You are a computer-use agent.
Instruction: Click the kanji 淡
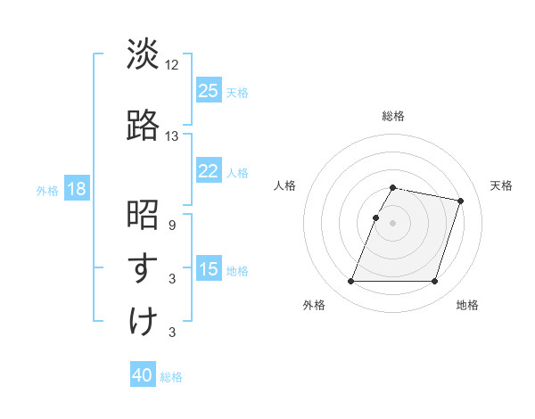143,55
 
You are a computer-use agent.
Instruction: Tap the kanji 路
143,125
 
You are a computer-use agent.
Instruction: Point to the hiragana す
143,267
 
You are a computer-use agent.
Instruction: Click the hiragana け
143,321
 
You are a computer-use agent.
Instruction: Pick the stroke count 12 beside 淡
172,65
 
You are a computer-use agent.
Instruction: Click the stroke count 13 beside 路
172,136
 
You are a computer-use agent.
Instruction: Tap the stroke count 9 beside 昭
172,226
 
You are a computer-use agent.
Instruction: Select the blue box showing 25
209,91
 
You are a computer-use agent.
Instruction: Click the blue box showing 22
209,171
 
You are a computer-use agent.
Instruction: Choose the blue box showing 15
209,269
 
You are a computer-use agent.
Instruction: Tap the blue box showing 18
76,190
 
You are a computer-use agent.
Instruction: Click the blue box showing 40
143,375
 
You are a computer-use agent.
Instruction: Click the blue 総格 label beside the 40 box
171,377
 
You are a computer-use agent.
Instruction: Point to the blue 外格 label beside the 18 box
47,191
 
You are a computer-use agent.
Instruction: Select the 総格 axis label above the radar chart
393,116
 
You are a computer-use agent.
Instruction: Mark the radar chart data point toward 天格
461,201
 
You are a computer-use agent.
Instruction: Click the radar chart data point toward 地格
434,282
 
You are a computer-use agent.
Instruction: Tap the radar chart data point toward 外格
351,282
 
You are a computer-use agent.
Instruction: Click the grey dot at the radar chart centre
393,223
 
